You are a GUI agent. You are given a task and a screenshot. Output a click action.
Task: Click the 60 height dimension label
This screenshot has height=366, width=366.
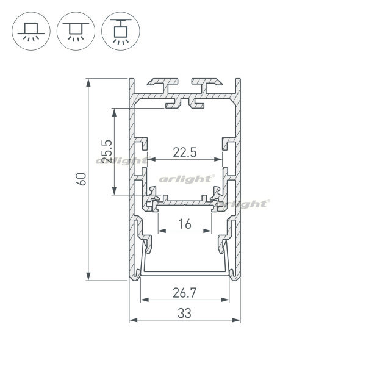(82, 179)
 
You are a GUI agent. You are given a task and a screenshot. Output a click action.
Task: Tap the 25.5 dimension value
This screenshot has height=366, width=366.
(107, 151)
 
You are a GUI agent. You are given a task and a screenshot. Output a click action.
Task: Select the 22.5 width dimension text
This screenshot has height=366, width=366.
(185, 153)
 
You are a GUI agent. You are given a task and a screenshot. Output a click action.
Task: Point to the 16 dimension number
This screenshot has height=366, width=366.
(185, 224)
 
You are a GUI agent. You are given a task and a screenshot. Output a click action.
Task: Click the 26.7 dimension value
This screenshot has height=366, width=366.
(184, 293)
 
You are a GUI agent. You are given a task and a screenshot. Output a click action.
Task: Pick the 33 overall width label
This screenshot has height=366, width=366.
(184, 314)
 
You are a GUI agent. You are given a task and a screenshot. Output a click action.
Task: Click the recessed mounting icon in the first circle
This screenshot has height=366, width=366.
(31, 32)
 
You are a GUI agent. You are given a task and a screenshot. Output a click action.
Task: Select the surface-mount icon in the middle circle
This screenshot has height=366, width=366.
(76, 32)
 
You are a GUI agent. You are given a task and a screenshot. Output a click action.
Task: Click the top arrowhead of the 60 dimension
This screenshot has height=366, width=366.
(88, 82)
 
